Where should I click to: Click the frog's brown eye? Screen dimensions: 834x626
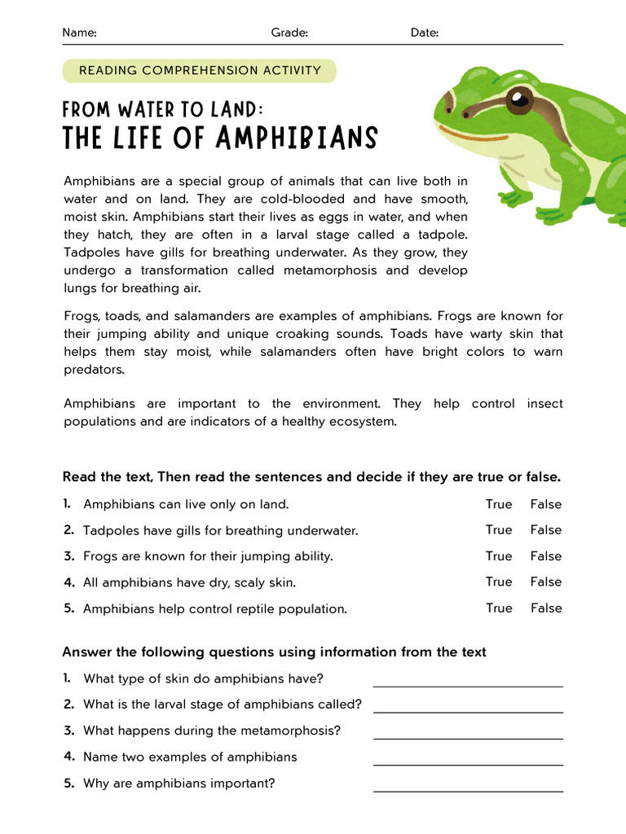point(518,101)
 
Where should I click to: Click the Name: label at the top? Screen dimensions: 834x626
point(79,33)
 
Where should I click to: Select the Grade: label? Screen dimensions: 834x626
point(289,33)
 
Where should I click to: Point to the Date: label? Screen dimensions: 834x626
point(425,33)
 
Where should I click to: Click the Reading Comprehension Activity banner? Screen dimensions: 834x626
point(200,70)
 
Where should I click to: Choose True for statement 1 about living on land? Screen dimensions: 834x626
point(499,504)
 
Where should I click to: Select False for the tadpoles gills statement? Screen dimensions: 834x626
point(546,530)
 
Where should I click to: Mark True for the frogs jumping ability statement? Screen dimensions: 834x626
point(499,556)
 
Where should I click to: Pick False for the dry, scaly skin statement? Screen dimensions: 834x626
point(546,582)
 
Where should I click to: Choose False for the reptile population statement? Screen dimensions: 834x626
point(546,608)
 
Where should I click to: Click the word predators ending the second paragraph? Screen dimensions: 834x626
point(95,370)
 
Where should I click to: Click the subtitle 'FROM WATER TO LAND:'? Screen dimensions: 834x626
point(164,109)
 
